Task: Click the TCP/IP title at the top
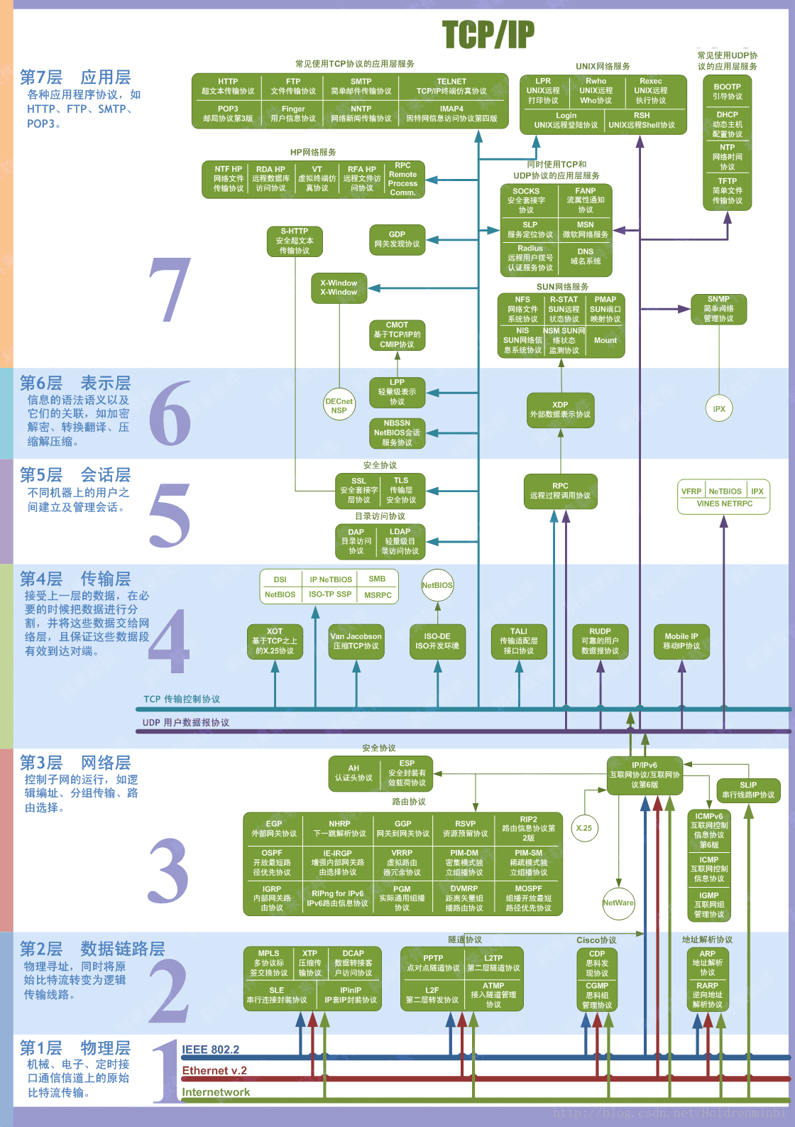(x=488, y=34)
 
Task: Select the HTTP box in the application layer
(x=228, y=86)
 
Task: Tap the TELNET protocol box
(x=451, y=86)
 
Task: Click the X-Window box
(x=339, y=288)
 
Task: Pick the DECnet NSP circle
(x=339, y=405)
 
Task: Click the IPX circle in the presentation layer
(x=719, y=408)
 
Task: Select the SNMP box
(x=718, y=309)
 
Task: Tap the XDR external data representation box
(x=560, y=410)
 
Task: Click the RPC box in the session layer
(x=560, y=491)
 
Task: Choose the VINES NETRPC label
(x=724, y=503)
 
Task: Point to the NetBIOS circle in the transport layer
(x=437, y=585)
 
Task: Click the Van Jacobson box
(x=356, y=641)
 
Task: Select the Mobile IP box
(x=681, y=641)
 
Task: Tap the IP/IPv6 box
(x=645, y=775)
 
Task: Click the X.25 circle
(x=584, y=828)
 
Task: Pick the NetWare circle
(x=618, y=903)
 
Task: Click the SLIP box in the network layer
(x=748, y=790)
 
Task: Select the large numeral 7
(x=170, y=289)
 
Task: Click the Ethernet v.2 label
(x=214, y=1071)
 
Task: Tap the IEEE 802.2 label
(x=211, y=1050)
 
